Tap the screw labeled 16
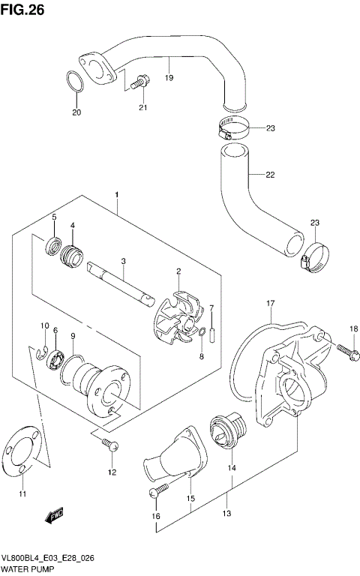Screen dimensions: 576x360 [x=155, y=492]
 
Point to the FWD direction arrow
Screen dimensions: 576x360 [x=54, y=517]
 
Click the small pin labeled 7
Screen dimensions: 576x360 [x=212, y=331]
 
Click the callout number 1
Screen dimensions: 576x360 [x=117, y=195]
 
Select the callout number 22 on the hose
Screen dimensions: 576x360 [x=270, y=175]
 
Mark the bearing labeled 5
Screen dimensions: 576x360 [x=52, y=244]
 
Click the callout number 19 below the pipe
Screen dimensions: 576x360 [x=168, y=77]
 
